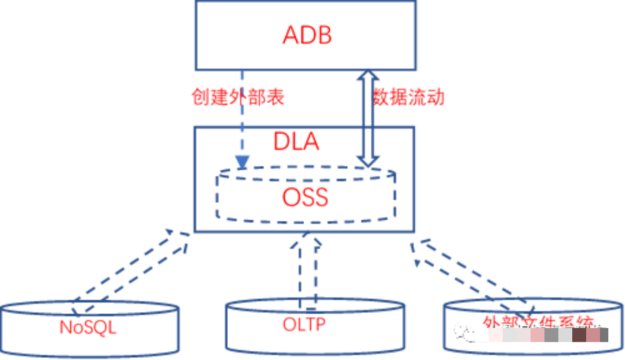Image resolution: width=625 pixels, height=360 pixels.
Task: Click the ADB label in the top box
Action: click(x=307, y=35)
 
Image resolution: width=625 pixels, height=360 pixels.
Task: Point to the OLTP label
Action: click(x=304, y=325)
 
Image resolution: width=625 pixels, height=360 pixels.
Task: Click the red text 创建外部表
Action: click(x=238, y=97)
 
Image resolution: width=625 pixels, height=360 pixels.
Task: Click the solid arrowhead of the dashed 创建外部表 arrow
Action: click(x=242, y=163)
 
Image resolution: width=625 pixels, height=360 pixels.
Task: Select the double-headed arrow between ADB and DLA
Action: click(x=367, y=118)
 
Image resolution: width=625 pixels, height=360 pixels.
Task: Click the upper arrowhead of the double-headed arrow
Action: click(x=367, y=75)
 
